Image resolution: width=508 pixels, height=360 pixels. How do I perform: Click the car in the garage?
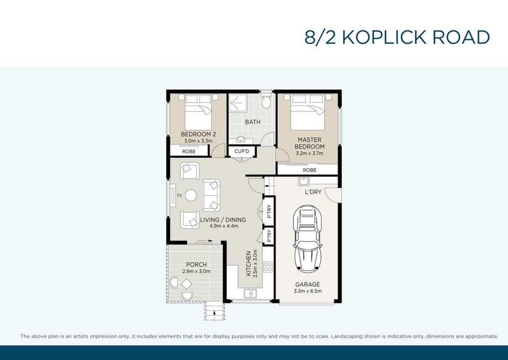(x=307, y=239)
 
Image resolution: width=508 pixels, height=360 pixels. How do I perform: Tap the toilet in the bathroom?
(x=266, y=101)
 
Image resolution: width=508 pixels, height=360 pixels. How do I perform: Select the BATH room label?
(x=253, y=122)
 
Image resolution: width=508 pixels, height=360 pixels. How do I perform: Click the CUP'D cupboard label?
(x=242, y=151)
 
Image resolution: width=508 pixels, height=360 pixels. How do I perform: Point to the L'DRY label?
(x=313, y=192)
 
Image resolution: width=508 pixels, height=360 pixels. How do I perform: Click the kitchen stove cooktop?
(x=268, y=267)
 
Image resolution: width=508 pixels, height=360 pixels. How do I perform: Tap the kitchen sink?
(x=250, y=294)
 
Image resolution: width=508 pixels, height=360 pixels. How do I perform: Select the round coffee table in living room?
(x=190, y=196)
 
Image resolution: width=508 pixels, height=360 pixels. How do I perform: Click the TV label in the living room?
(x=179, y=196)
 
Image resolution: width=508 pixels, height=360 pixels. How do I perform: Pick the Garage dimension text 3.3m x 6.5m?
(x=308, y=291)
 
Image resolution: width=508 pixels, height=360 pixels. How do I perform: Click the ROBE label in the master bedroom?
(x=310, y=170)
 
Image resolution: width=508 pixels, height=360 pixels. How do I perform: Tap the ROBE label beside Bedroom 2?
(x=189, y=151)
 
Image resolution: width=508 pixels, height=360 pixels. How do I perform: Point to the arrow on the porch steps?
(x=214, y=313)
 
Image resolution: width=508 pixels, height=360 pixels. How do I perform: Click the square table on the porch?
(x=186, y=284)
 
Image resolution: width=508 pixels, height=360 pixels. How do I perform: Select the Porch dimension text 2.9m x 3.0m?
(x=196, y=271)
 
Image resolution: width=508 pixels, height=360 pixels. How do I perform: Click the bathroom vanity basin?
(x=241, y=140)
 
